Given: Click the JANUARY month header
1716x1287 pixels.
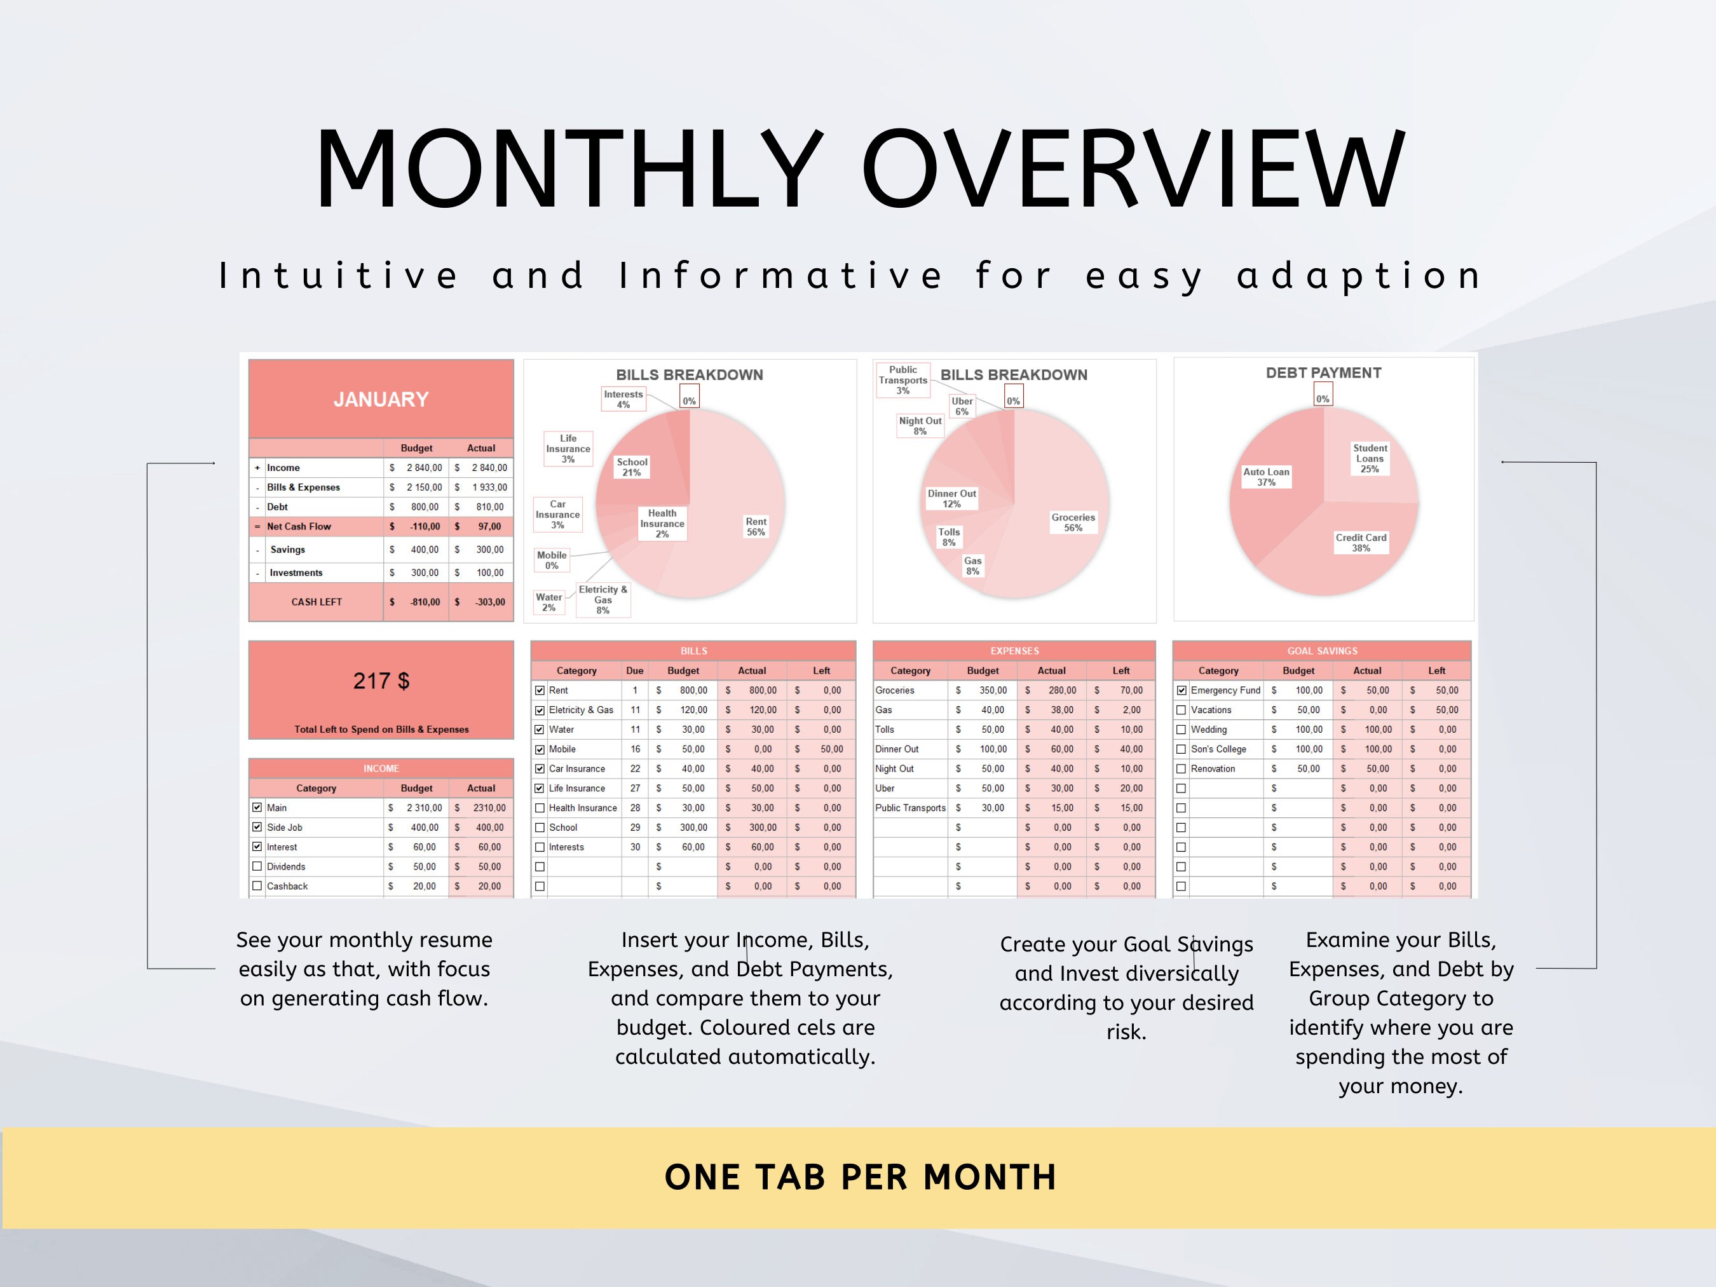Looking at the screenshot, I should (x=381, y=400).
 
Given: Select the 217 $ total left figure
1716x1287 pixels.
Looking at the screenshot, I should (x=381, y=681).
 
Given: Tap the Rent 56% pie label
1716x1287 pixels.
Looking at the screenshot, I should (x=756, y=527).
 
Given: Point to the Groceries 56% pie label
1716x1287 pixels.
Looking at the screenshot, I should (x=1073, y=522).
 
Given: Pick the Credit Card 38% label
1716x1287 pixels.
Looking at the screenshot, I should (x=1361, y=542).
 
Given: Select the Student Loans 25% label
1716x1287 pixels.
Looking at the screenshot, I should (x=1370, y=458).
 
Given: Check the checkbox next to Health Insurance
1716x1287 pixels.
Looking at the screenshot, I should (x=540, y=808).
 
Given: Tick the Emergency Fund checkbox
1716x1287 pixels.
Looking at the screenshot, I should (x=1181, y=690).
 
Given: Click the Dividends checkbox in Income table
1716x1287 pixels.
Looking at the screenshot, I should (x=257, y=866).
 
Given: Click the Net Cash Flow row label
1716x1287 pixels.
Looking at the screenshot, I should (x=299, y=527).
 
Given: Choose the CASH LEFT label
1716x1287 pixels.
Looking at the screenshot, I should (x=317, y=602).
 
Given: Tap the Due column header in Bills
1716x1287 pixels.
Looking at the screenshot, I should (x=634, y=671).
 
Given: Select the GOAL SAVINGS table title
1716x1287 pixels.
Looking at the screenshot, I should (x=1322, y=651).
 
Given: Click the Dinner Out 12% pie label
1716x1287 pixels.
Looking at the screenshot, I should (x=952, y=499).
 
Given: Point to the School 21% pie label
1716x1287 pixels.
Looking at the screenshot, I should (x=632, y=467).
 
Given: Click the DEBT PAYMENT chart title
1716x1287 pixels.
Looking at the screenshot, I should (x=1323, y=373).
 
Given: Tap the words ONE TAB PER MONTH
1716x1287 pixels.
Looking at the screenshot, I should (x=859, y=1178).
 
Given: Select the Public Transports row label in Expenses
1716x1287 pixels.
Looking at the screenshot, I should (x=910, y=808).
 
